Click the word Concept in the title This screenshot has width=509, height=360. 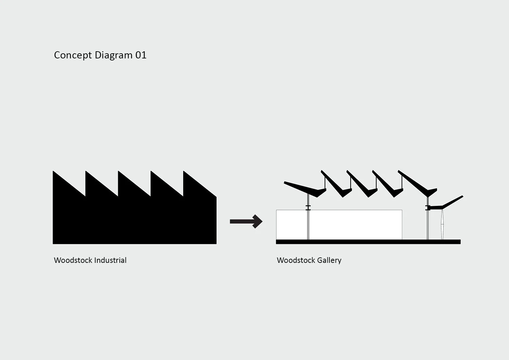[73, 55]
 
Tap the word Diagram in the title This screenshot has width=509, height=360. [113, 55]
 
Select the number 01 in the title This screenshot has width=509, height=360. [141, 55]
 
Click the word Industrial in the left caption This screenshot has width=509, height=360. [110, 260]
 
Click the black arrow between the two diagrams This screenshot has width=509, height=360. [246, 221]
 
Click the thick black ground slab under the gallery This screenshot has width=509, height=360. [368, 242]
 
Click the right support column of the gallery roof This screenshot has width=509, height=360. [428, 224]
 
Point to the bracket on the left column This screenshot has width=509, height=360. [308, 208]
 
